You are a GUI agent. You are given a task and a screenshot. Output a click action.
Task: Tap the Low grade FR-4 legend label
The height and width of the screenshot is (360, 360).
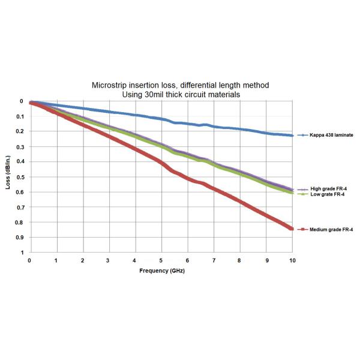[x=327, y=194]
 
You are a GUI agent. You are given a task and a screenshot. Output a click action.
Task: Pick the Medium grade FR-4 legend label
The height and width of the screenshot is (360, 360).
[x=331, y=229]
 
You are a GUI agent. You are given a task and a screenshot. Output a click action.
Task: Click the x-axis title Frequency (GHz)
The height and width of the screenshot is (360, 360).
[x=161, y=271]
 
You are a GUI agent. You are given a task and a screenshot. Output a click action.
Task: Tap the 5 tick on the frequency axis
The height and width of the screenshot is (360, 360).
[x=161, y=261]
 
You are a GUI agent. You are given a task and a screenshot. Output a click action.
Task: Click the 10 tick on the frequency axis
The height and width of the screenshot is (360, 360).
[x=292, y=261]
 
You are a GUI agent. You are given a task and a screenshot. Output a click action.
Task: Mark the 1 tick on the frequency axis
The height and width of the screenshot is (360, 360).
[x=56, y=261]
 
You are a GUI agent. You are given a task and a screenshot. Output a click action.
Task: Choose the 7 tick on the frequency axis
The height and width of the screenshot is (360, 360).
[x=214, y=261]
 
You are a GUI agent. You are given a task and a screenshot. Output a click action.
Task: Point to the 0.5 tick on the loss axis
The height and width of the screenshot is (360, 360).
[x=19, y=177]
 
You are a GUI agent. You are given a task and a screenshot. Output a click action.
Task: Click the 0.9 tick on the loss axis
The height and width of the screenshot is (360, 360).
[x=19, y=238]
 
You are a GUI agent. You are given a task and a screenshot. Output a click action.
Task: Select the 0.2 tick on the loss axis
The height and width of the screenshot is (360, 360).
[x=19, y=131]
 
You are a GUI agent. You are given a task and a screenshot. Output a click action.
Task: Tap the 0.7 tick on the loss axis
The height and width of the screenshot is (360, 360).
[x=19, y=207]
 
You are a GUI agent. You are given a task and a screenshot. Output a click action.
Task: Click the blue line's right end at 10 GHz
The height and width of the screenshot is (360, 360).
[x=292, y=136]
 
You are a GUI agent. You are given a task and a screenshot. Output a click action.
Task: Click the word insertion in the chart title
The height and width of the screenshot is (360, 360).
[x=142, y=86]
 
